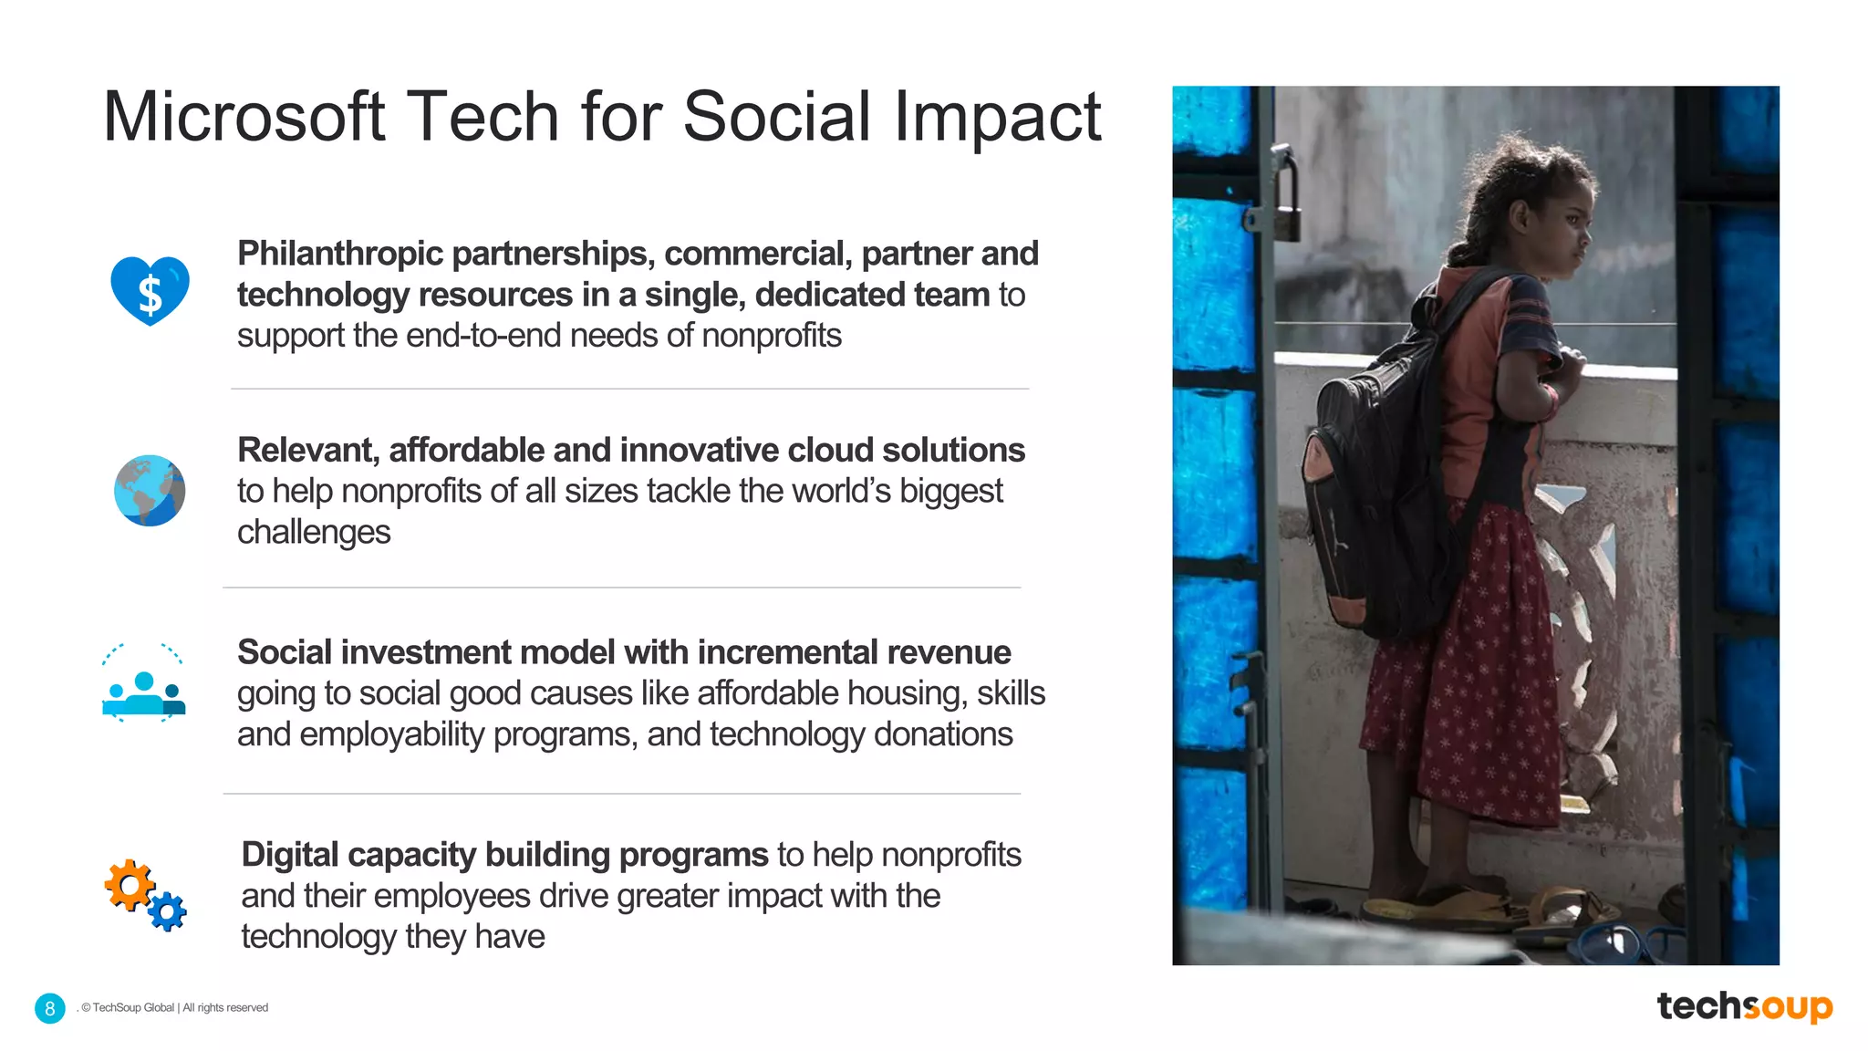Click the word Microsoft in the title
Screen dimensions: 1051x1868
click(244, 117)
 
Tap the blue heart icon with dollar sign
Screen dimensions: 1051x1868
click(150, 290)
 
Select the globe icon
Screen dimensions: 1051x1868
click(150, 491)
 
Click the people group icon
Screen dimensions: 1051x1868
click(144, 693)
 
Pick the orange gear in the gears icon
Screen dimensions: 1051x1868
click(129, 883)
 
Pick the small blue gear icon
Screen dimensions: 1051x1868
click(168, 911)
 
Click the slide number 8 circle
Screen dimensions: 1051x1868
click(50, 1008)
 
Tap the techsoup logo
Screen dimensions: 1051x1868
click(1744, 1006)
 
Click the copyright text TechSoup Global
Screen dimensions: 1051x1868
click(133, 1008)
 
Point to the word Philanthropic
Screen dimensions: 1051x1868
click(340, 254)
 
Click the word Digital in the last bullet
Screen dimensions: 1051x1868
click(289, 855)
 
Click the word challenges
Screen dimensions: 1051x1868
click(314, 532)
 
